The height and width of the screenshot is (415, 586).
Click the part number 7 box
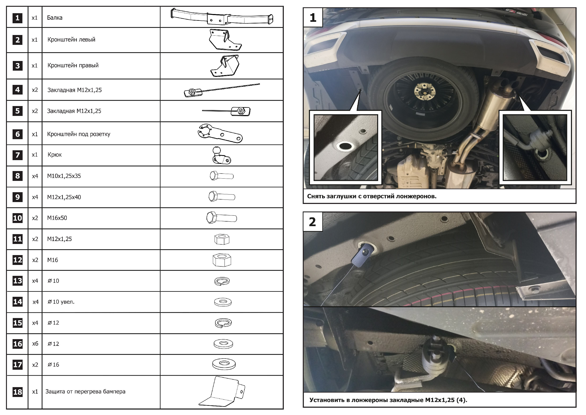click(17, 155)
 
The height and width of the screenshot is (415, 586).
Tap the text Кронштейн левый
click(71, 40)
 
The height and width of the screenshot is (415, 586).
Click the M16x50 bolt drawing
click(222, 218)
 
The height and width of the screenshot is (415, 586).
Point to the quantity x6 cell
click(35, 344)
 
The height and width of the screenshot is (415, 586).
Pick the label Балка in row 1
click(55, 18)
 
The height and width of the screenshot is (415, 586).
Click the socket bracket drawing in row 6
click(220, 133)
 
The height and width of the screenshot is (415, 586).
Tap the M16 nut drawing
click(222, 260)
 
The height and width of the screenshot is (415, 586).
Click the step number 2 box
click(313, 222)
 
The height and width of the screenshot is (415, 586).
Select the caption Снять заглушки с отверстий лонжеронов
click(372, 196)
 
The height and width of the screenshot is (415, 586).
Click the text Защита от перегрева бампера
click(85, 392)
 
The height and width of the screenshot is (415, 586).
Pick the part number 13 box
click(17, 281)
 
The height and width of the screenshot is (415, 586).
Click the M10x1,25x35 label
click(64, 176)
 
